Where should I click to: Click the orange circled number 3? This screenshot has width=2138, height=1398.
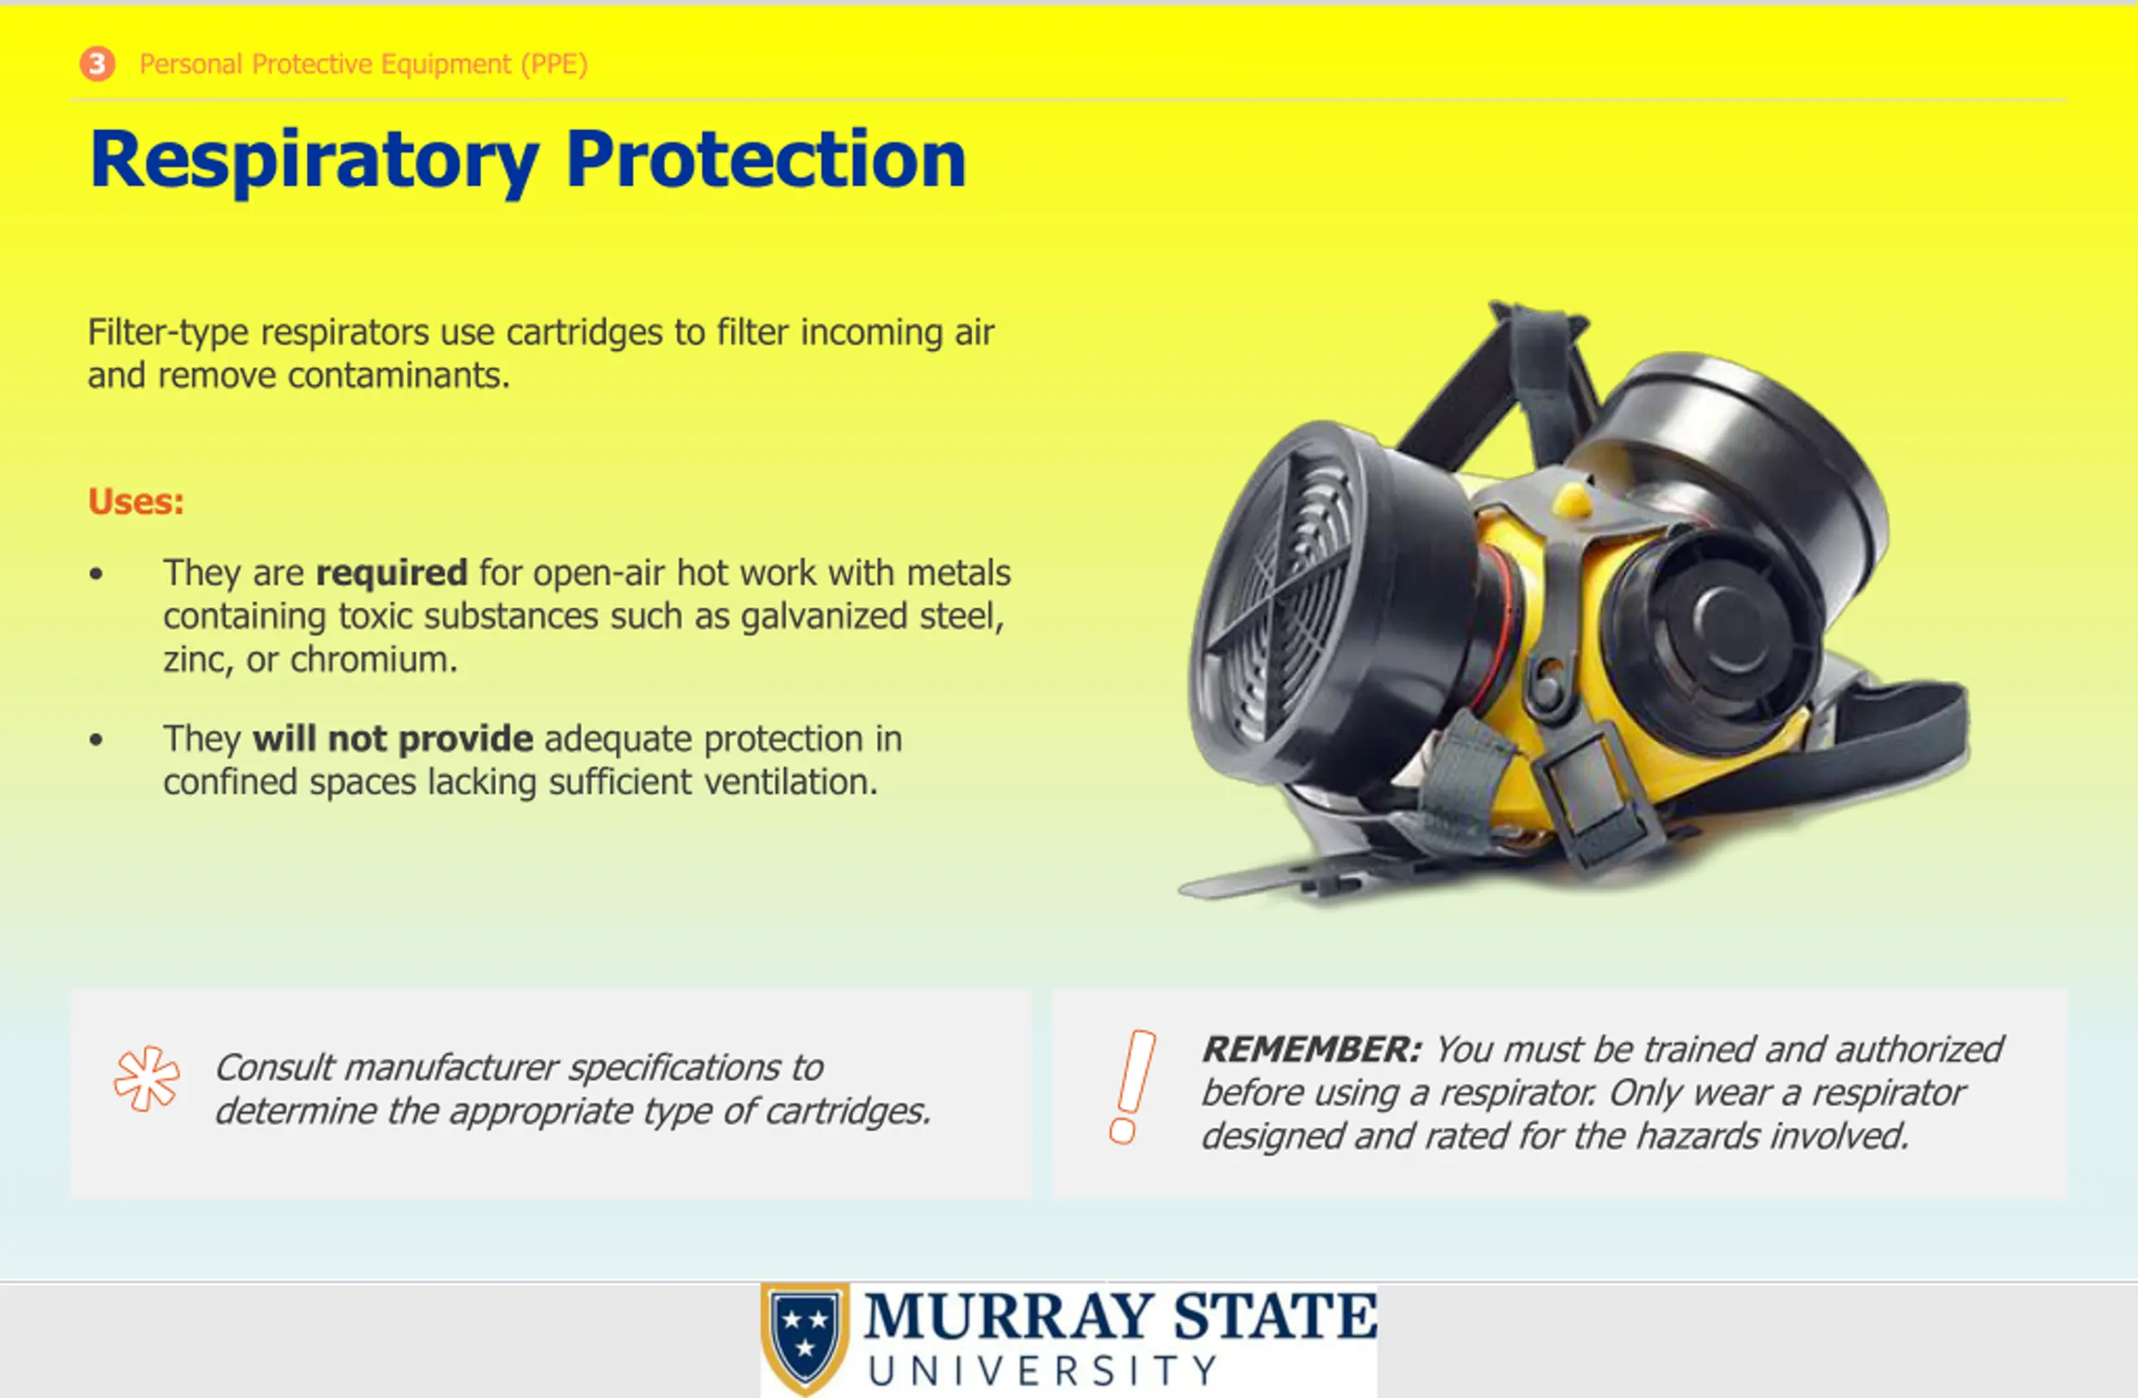click(x=97, y=63)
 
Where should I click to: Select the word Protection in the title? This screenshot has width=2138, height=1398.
click(x=765, y=159)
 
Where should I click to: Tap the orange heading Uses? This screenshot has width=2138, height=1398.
click(x=135, y=501)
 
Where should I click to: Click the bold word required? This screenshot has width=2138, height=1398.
click(x=392, y=573)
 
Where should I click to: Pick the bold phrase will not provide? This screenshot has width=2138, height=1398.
click(x=393, y=739)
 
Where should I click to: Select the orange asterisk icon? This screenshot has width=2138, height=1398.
click(x=146, y=1079)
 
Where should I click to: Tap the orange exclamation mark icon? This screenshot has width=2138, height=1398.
click(x=1132, y=1086)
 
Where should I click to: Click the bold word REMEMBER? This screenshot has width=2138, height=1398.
click(x=1312, y=1050)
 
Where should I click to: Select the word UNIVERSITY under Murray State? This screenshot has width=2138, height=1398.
click(x=1042, y=1371)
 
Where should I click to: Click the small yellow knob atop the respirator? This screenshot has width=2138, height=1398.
click(x=1572, y=499)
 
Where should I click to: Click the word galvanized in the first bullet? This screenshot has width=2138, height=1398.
click(x=823, y=617)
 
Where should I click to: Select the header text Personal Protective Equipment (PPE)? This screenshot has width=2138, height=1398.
click(x=364, y=64)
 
